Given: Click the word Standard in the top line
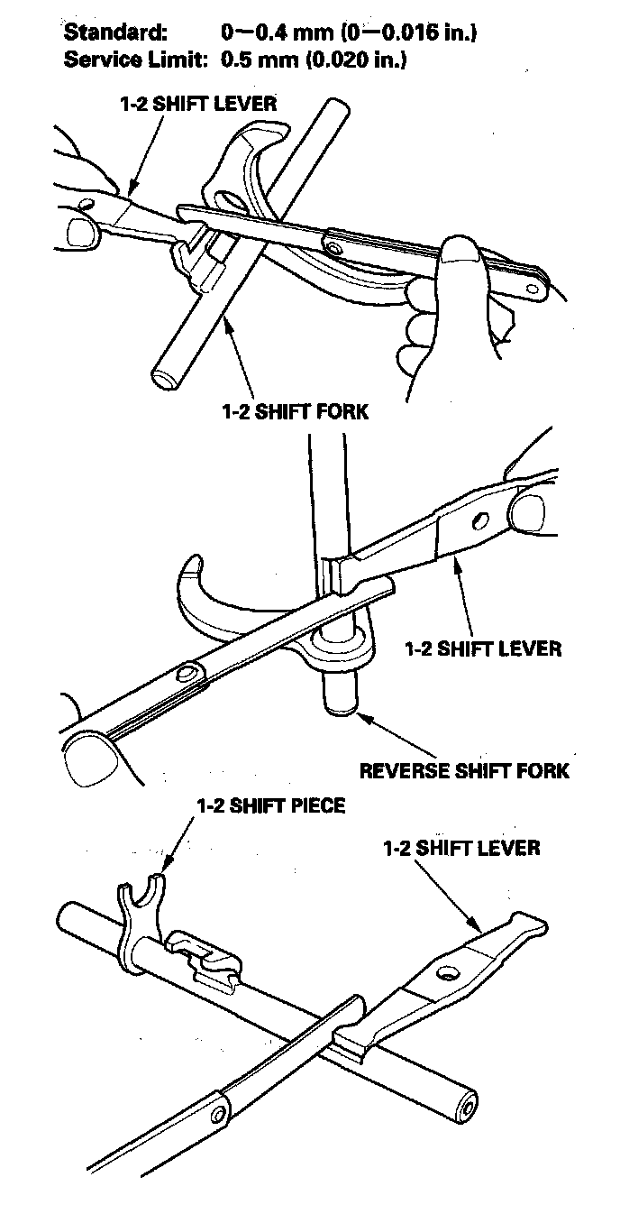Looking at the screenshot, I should pyautogui.click(x=114, y=33).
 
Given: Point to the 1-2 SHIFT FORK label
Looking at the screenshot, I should pyautogui.click(x=295, y=411).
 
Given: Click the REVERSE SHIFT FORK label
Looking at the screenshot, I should pyautogui.click(x=464, y=771).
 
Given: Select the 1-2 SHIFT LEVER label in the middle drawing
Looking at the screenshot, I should pyautogui.click(x=483, y=648).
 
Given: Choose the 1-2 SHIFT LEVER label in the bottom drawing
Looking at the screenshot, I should pyautogui.click(x=461, y=848).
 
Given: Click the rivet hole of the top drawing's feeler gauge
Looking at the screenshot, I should pyautogui.click(x=334, y=244).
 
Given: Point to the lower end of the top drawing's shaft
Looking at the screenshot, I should pyautogui.click(x=165, y=375).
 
